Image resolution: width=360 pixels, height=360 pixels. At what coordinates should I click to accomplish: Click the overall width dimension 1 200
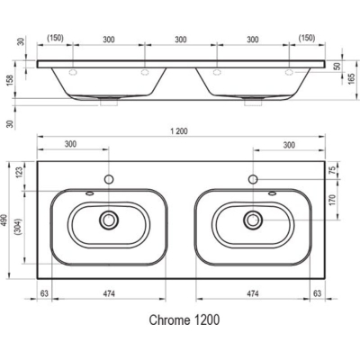point(179,131)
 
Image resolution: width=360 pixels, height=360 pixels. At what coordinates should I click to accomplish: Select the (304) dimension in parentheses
point(19,227)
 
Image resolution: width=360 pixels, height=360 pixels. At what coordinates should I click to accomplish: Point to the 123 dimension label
point(19,174)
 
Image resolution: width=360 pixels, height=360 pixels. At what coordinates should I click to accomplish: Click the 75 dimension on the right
point(332,170)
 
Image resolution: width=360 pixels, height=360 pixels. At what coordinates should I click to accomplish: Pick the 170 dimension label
point(332,200)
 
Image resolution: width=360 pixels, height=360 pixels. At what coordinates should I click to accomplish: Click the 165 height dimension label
point(352,78)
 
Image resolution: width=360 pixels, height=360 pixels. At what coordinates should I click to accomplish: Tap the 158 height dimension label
point(10,80)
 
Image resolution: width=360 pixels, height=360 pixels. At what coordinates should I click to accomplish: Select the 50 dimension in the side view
point(338,66)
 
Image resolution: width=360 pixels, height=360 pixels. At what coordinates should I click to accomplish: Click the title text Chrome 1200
point(184,319)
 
